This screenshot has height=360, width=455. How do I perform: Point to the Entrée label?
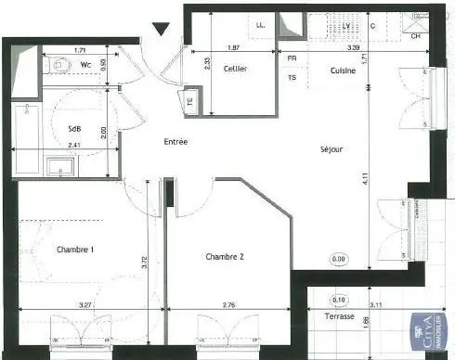(x=175, y=142)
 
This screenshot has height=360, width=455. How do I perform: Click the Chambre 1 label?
(x=75, y=250)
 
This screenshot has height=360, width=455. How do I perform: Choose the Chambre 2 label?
(x=225, y=257)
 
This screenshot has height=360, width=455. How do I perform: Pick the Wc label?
(x=85, y=65)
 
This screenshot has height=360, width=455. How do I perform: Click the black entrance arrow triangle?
(x=163, y=29)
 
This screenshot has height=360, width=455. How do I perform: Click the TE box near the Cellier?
(x=191, y=102)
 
